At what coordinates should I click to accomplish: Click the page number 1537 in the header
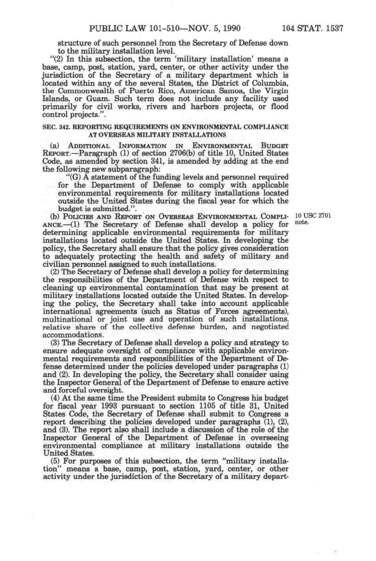click(x=334, y=29)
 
